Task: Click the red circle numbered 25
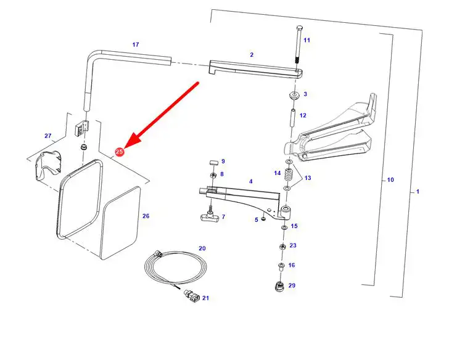(120, 152)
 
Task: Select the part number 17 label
(136, 44)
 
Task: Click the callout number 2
(252, 55)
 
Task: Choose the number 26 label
(146, 216)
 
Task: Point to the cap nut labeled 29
(278, 287)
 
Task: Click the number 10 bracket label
(390, 180)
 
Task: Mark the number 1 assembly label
(418, 192)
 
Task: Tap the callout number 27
(48, 136)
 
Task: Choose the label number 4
(250, 182)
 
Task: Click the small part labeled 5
(263, 218)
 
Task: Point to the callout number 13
(308, 178)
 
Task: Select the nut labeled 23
(282, 246)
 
